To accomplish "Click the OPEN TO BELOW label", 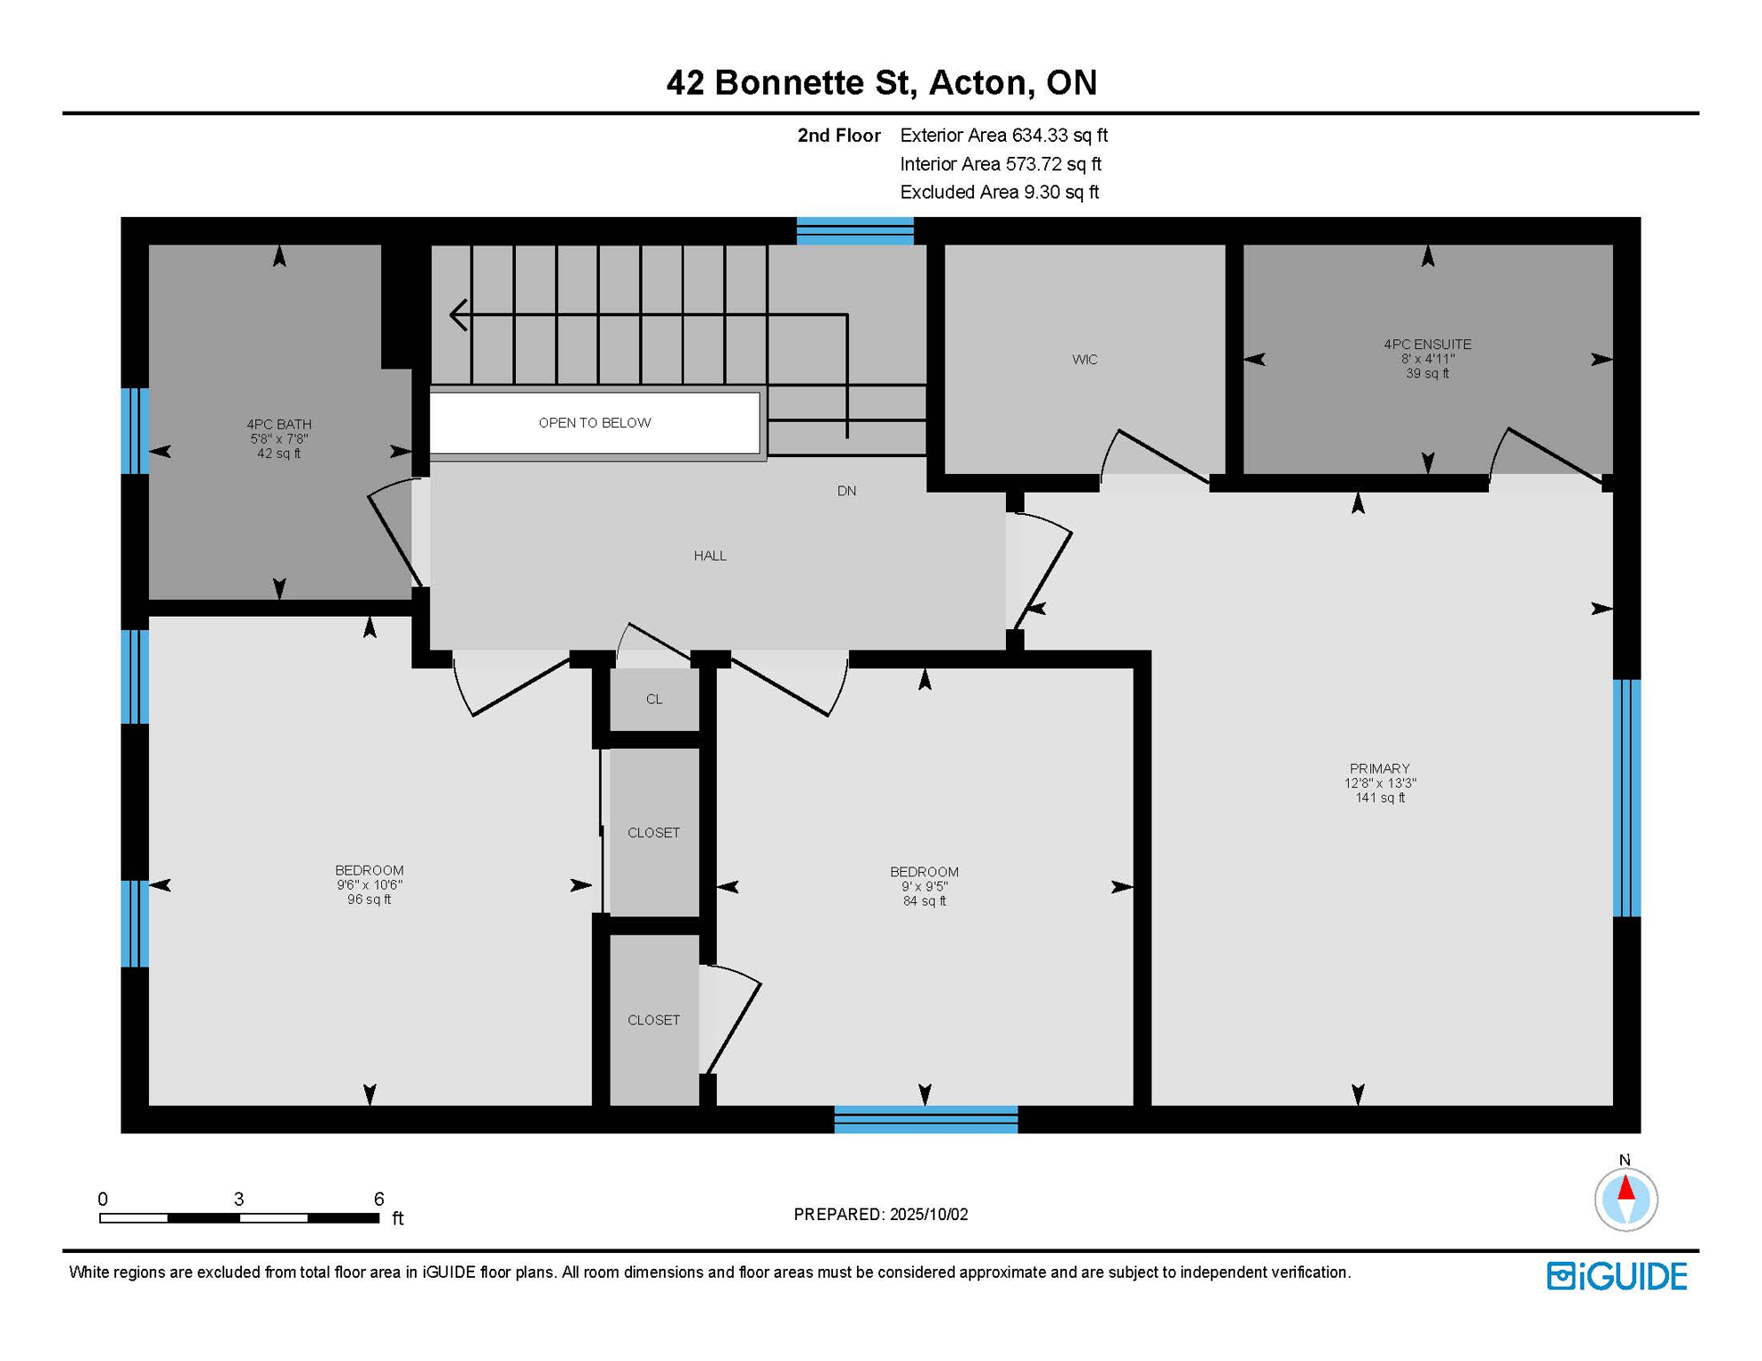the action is click(x=595, y=423).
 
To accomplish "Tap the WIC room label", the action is click(x=1085, y=359).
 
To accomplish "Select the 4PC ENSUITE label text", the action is click(x=1427, y=344).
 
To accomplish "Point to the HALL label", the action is click(x=710, y=556).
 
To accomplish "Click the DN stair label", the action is click(x=846, y=491).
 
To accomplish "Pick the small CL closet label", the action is click(x=654, y=699).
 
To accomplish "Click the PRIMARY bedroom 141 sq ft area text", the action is click(x=1380, y=797).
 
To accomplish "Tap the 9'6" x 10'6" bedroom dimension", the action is click(x=370, y=884).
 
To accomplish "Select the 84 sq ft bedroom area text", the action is click(x=924, y=901).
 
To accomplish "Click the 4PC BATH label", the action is click(x=279, y=424).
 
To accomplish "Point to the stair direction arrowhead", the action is click(x=458, y=315).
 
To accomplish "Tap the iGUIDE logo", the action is click(x=1617, y=1276).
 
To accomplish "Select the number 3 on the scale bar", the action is click(x=238, y=1199).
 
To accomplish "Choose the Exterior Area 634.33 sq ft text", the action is click(x=1003, y=136).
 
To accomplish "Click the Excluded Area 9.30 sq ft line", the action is click(x=999, y=192).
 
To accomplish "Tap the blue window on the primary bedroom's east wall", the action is click(x=1626, y=797).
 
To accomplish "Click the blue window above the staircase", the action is click(x=854, y=230).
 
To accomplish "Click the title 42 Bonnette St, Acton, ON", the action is click(x=881, y=82).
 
